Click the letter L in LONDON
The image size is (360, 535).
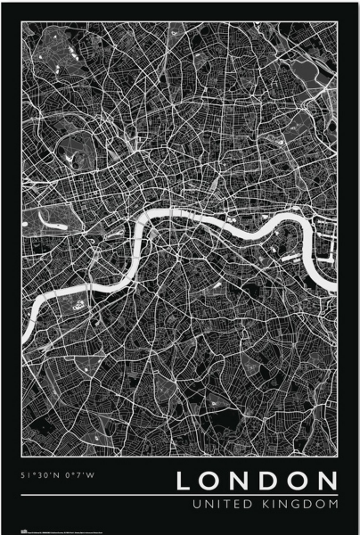[184, 482]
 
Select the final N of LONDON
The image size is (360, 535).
[330, 482]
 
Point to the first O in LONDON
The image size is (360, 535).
[211, 482]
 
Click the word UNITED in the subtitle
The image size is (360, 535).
[201, 505]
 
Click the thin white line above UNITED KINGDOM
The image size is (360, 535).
[178, 496]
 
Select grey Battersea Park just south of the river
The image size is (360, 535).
[77, 303]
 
